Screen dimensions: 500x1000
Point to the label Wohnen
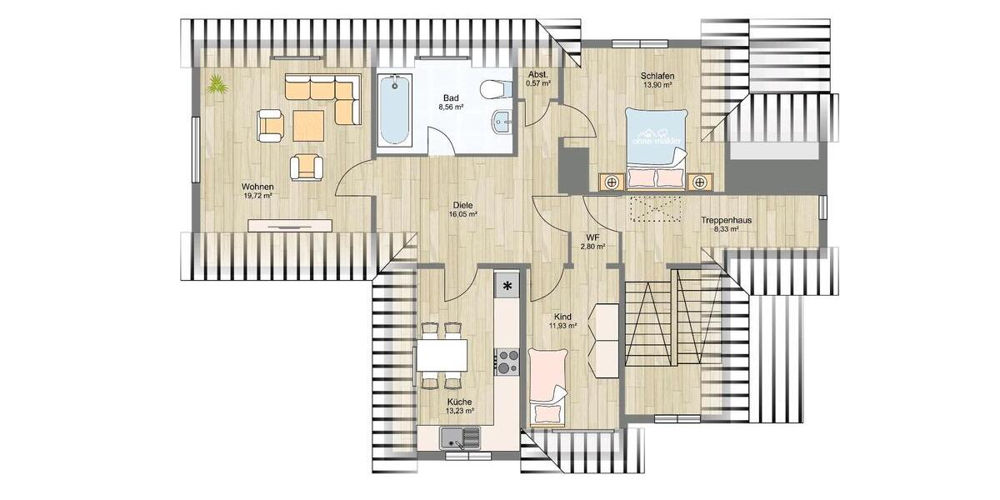(258, 186)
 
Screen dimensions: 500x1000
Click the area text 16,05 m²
(463, 214)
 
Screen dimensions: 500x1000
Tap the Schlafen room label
(657, 77)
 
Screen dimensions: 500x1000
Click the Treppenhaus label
(727, 221)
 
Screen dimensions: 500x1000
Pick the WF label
(592, 237)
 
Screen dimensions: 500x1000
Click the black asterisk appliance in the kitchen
(506, 286)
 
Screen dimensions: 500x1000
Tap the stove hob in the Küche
(506, 362)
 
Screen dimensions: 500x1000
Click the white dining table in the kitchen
(442, 355)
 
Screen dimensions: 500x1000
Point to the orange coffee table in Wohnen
(308, 126)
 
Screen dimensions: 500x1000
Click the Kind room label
(562, 317)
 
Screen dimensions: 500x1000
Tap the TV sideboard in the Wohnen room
(291, 225)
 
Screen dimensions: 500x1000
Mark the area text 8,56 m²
(451, 107)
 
